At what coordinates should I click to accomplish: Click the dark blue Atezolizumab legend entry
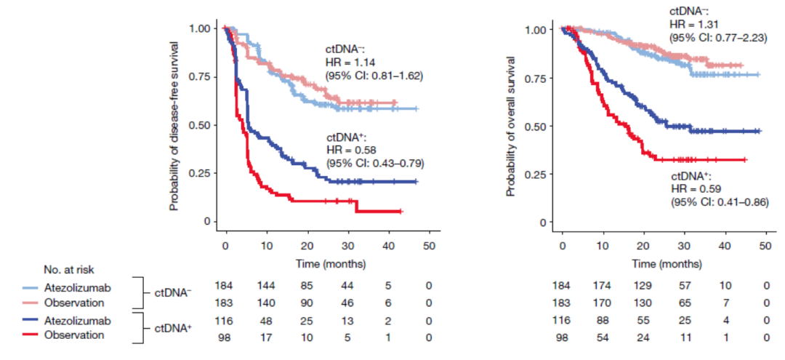point(72,321)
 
